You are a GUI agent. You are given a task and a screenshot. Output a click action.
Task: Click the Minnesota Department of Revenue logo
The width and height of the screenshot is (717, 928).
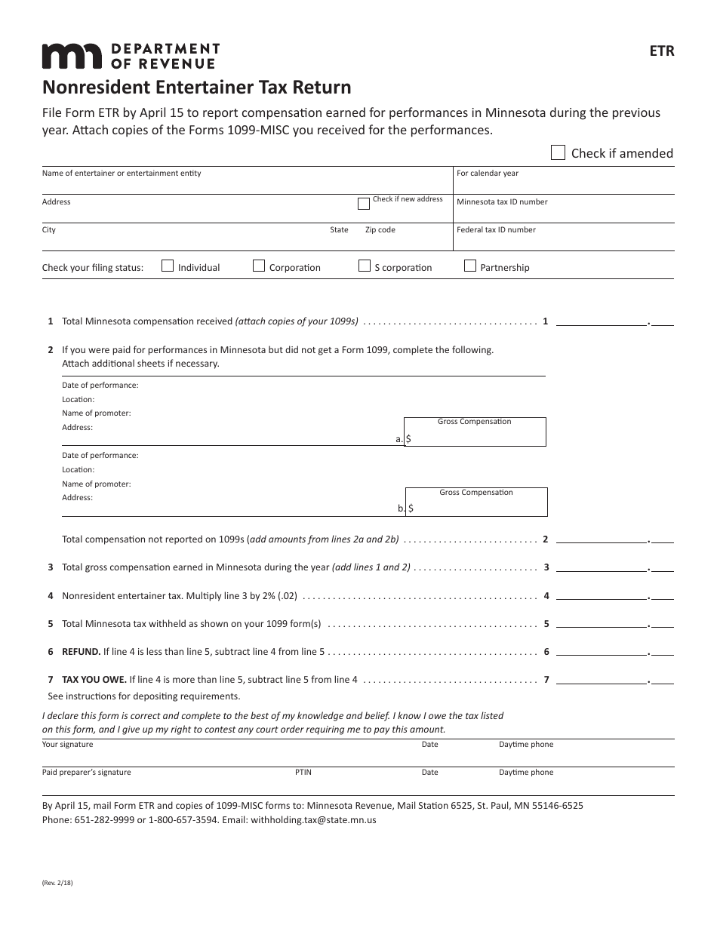click(x=131, y=57)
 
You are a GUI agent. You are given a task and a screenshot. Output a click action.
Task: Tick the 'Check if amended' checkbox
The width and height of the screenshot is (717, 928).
click(x=558, y=152)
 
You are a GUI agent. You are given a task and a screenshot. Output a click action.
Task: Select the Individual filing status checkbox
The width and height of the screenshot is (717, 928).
click(x=168, y=266)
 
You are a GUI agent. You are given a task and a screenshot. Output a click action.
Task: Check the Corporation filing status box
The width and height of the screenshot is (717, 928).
click(x=259, y=266)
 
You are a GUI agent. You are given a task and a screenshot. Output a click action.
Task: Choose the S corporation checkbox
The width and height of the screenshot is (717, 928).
click(x=365, y=266)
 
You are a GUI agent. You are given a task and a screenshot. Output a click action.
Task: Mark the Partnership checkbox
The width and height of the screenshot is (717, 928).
click(x=469, y=266)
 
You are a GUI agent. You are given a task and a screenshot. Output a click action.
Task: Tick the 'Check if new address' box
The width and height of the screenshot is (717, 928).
click(x=363, y=203)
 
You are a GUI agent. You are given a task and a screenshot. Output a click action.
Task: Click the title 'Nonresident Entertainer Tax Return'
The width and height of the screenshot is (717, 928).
click(x=196, y=88)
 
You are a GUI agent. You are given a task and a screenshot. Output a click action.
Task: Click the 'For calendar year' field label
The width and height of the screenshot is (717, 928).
click(x=488, y=174)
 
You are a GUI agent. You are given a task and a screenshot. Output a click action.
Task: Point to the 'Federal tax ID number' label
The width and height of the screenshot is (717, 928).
click(x=496, y=230)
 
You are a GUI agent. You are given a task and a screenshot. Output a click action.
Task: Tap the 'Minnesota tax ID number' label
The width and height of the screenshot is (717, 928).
click(x=502, y=202)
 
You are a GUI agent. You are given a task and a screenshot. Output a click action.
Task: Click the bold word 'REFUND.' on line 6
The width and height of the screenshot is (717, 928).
click(x=81, y=652)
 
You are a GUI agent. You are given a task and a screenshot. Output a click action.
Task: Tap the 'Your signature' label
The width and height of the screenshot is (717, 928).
click(x=68, y=745)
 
